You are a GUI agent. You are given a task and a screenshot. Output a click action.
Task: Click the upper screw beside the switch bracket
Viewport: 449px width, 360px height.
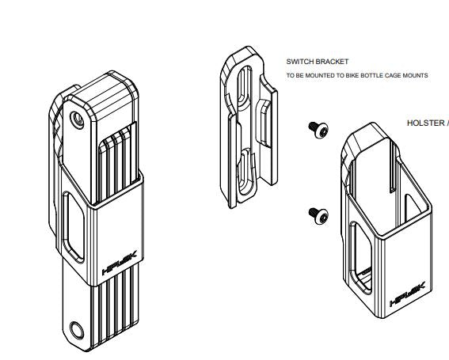coord(318,130)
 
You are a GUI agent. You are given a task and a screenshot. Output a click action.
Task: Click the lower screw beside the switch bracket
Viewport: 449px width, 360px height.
coord(318,215)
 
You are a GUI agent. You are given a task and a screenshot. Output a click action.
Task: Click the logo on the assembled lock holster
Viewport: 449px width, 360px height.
coord(120,263)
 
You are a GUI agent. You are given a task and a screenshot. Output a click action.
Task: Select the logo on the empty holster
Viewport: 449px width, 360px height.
coord(408,294)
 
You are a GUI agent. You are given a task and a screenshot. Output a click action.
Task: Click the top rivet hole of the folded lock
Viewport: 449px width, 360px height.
coord(77,120)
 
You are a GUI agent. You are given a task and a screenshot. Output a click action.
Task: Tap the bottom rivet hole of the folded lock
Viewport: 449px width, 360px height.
coord(77,331)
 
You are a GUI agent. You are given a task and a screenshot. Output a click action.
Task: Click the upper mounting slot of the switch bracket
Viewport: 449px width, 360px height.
coord(245,86)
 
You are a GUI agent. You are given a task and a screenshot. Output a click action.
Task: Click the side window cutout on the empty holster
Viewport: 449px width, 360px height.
coord(361,258)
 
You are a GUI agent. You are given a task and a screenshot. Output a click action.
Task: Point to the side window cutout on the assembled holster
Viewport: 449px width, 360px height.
coord(74,227)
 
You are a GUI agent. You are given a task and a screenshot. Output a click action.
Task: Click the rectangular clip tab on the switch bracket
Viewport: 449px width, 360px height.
coord(264,123)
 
